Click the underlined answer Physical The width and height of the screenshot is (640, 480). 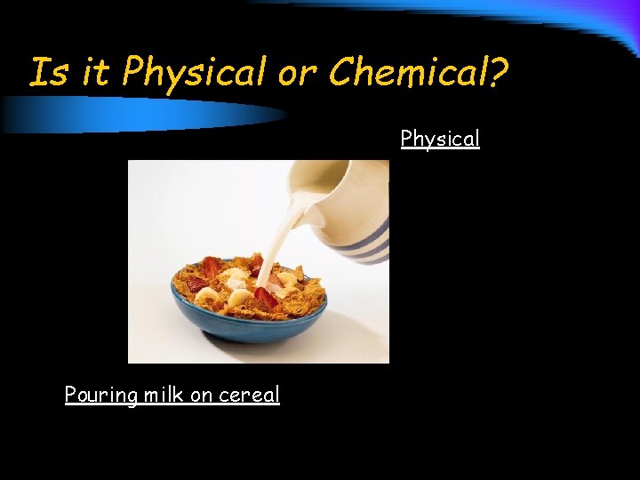440,140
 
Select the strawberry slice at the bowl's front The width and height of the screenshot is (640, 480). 265,297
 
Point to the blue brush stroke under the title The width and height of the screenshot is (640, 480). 133,114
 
